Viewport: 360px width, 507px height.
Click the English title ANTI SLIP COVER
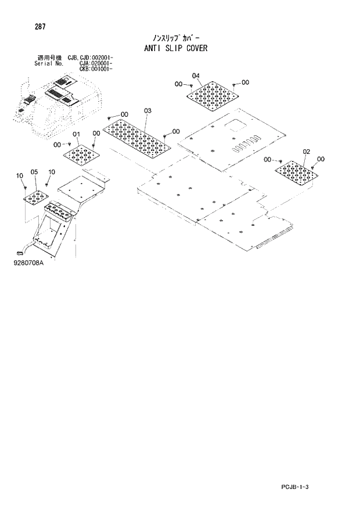click(175, 48)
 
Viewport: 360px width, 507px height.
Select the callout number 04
click(195, 76)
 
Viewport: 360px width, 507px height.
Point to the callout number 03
click(147, 110)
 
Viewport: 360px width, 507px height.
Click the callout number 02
click(307, 152)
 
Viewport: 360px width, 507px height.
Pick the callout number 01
click(75, 135)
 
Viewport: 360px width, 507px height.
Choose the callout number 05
click(34, 172)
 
